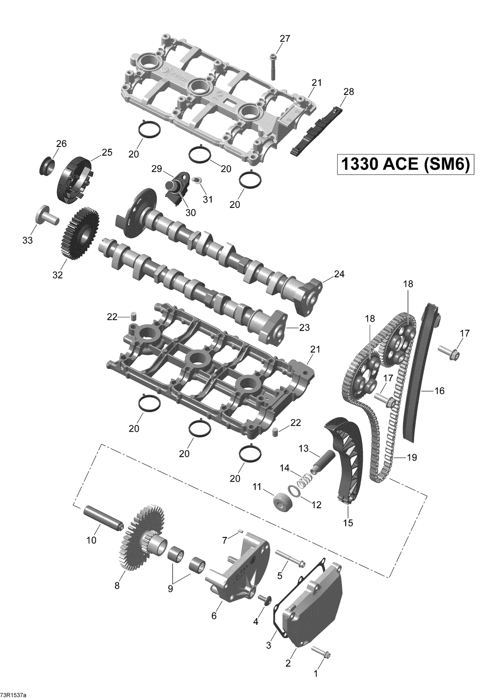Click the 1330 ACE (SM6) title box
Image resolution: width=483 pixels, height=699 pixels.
tap(405, 164)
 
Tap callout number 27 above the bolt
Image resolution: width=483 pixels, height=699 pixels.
tap(285, 39)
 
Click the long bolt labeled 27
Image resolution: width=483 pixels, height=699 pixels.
tap(273, 67)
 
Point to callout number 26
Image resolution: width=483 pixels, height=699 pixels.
tap(61, 144)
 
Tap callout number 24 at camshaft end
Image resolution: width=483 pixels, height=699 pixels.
tap(339, 274)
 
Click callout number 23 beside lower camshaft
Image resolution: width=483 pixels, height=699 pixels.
tap(304, 328)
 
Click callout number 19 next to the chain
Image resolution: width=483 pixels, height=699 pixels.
tap(412, 457)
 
